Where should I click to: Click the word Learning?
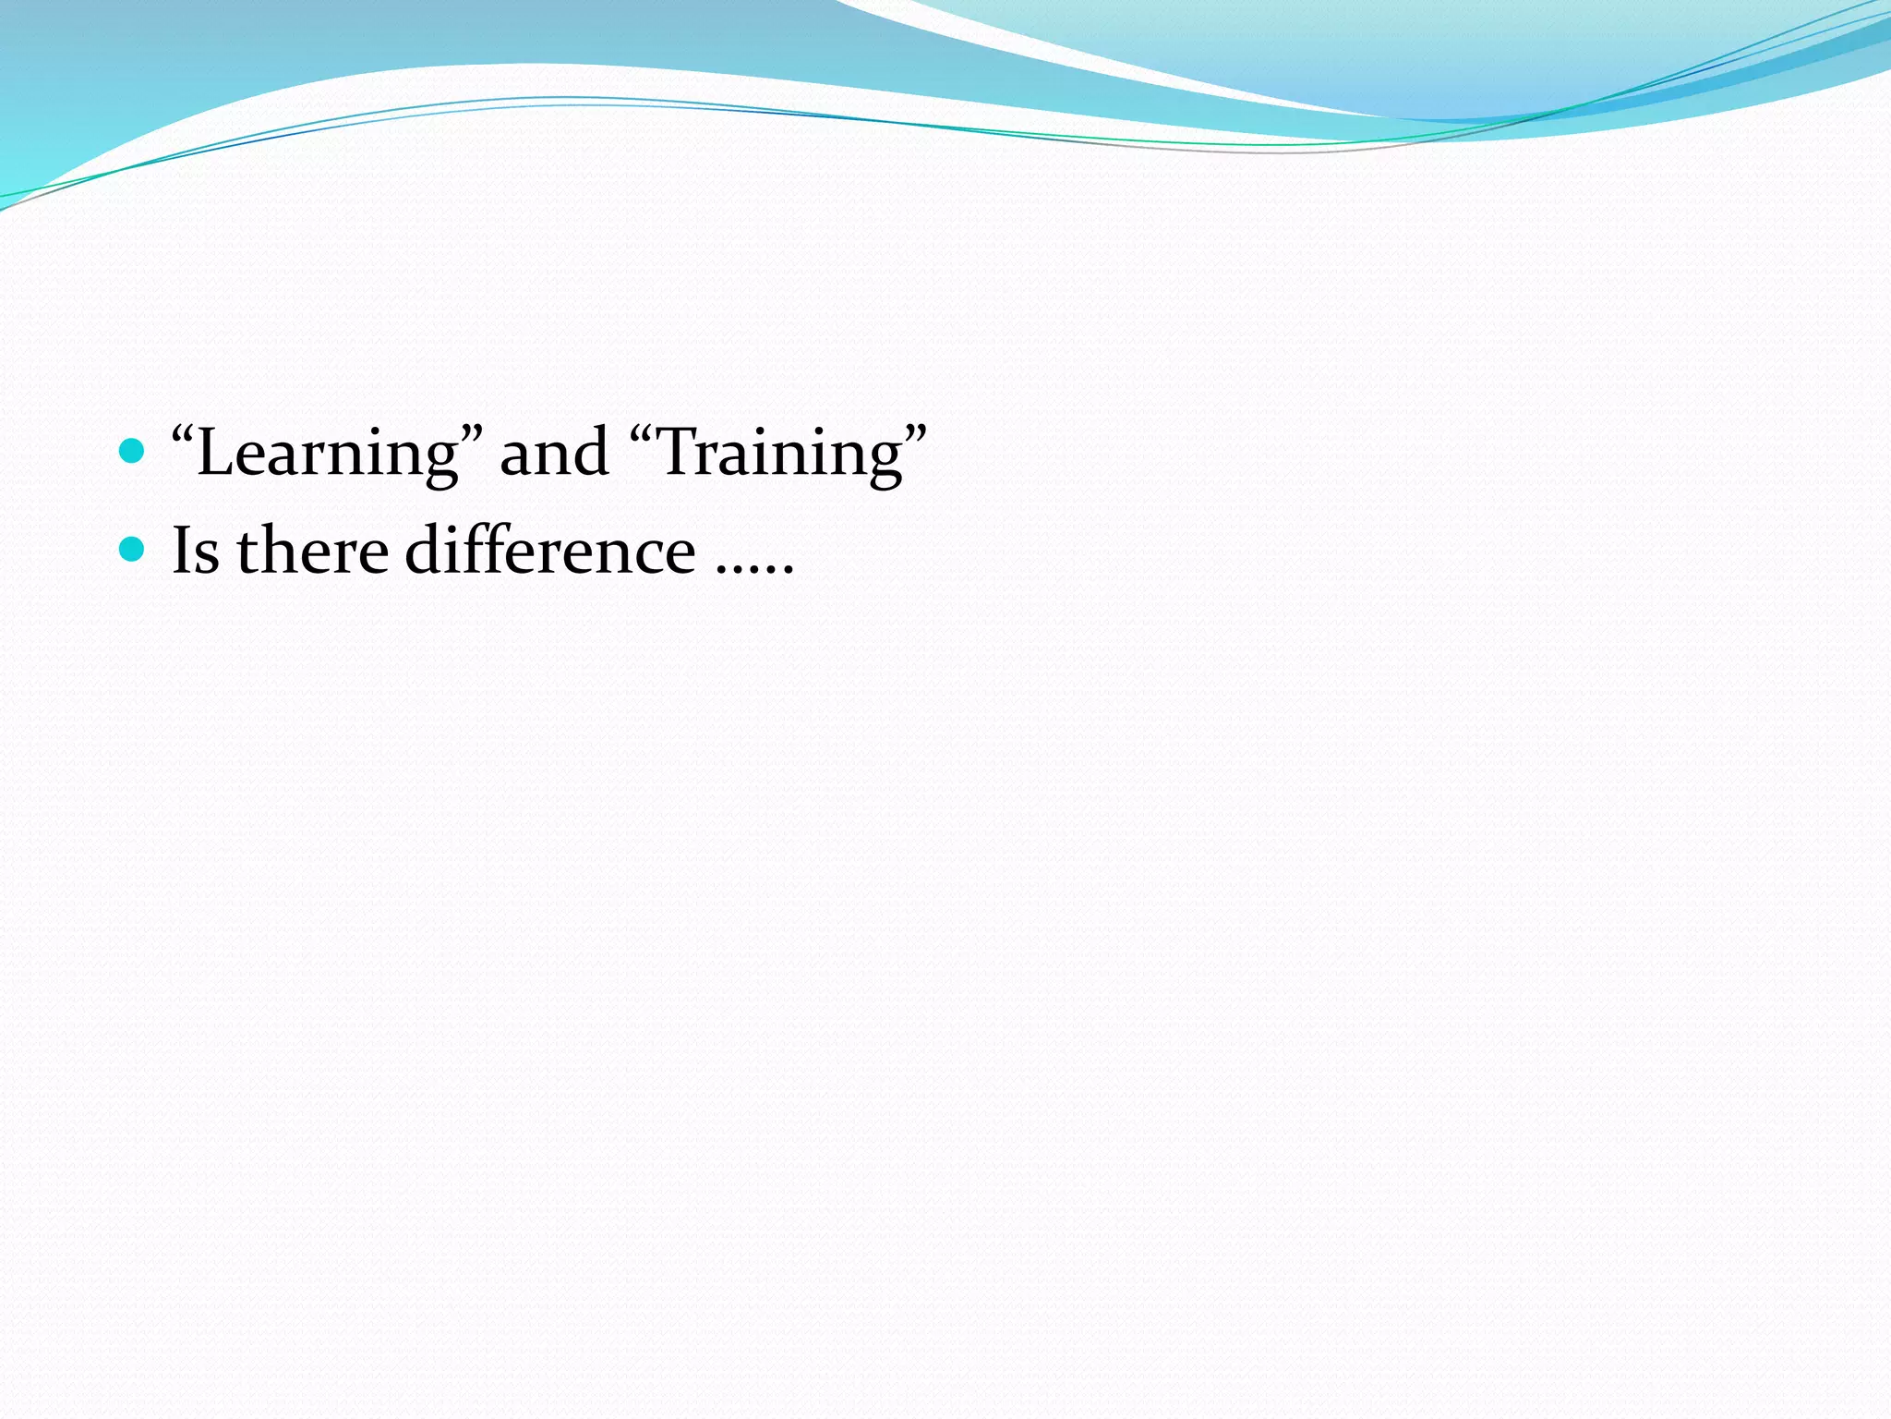(328, 453)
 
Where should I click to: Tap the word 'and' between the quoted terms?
(554, 453)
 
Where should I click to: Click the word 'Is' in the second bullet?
(196, 551)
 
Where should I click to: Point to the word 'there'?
(312, 551)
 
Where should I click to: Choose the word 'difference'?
(550, 551)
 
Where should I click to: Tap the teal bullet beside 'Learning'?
(133, 451)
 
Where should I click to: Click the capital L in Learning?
(214, 453)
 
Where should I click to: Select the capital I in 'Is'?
(183, 551)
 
